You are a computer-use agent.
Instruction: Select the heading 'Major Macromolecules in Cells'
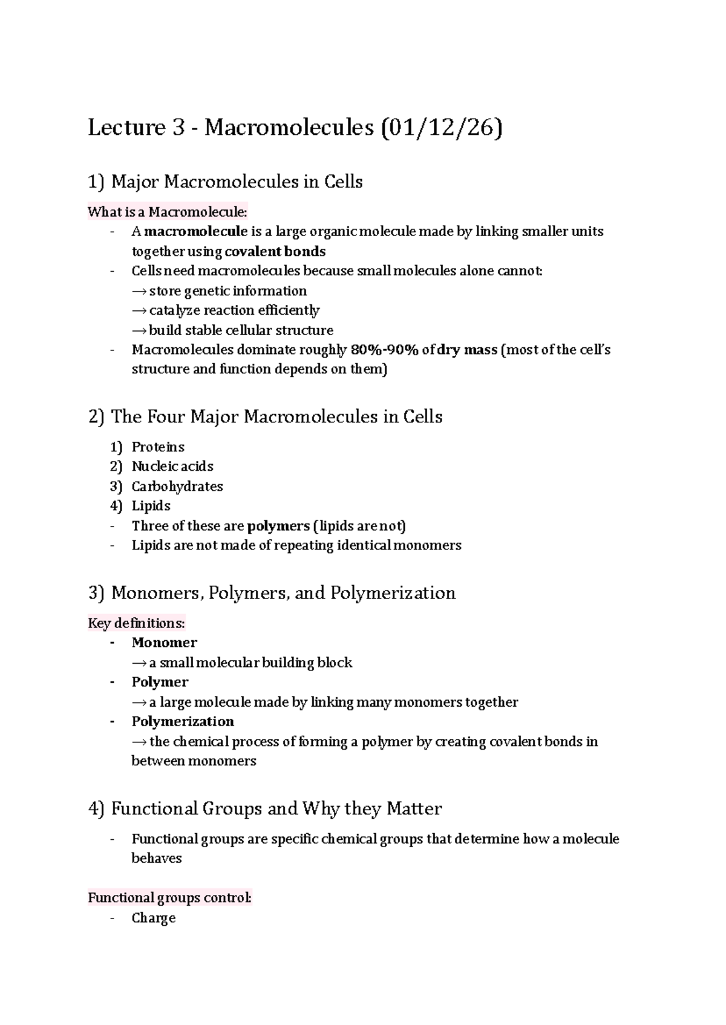[x=237, y=182]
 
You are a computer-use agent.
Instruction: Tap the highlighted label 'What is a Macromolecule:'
[x=168, y=212]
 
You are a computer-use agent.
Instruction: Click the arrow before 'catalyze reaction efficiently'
[x=139, y=311]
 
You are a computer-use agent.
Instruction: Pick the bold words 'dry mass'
[x=466, y=350]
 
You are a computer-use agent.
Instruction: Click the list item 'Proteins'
[x=158, y=447]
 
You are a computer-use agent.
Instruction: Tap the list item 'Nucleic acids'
[x=172, y=467]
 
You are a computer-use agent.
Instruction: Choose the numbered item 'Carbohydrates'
[x=177, y=486]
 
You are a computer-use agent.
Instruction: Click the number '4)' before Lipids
[x=116, y=506]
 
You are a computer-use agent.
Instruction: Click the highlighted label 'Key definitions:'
[x=136, y=623]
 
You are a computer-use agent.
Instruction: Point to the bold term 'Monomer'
[x=165, y=643]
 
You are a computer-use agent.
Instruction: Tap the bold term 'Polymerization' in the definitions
[x=183, y=721]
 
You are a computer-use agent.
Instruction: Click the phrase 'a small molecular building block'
[x=250, y=663]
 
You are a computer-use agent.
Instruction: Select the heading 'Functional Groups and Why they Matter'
[x=276, y=809]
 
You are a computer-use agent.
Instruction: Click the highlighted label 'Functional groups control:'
[x=169, y=898]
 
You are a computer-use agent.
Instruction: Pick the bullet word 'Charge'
[x=154, y=918]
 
